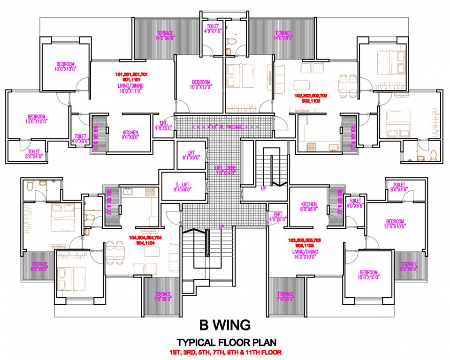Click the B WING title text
point(225,324)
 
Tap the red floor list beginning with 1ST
point(225,352)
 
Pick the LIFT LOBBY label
point(225,170)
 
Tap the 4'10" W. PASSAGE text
point(225,127)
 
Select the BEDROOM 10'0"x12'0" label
point(201,84)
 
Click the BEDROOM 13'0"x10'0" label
point(36,119)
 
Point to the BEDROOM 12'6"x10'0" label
point(395,224)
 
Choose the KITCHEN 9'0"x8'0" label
point(130,135)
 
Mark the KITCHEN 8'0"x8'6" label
point(309,207)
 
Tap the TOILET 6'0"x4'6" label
point(34,154)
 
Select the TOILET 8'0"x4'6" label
point(399,187)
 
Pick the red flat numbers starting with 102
point(310,97)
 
